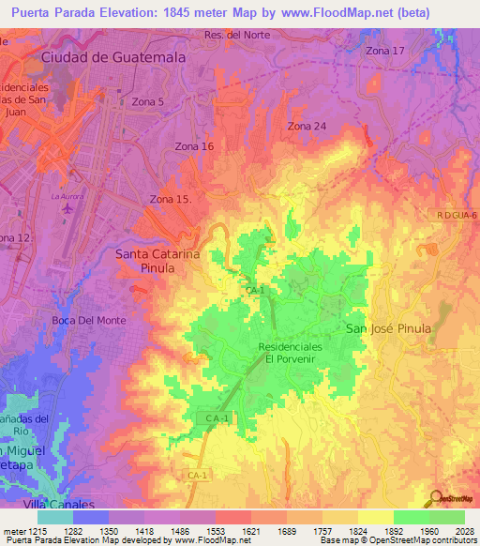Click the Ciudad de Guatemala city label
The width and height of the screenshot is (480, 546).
[x=113, y=57]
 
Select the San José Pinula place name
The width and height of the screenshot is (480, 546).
[x=388, y=328]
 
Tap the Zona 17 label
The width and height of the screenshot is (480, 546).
[x=385, y=51]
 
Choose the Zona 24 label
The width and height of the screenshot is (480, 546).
[x=307, y=126]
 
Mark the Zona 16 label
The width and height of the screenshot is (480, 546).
[x=194, y=146]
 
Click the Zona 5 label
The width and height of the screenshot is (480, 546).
[x=148, y=101]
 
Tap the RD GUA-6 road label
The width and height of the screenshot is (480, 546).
[x=457, y=216]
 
